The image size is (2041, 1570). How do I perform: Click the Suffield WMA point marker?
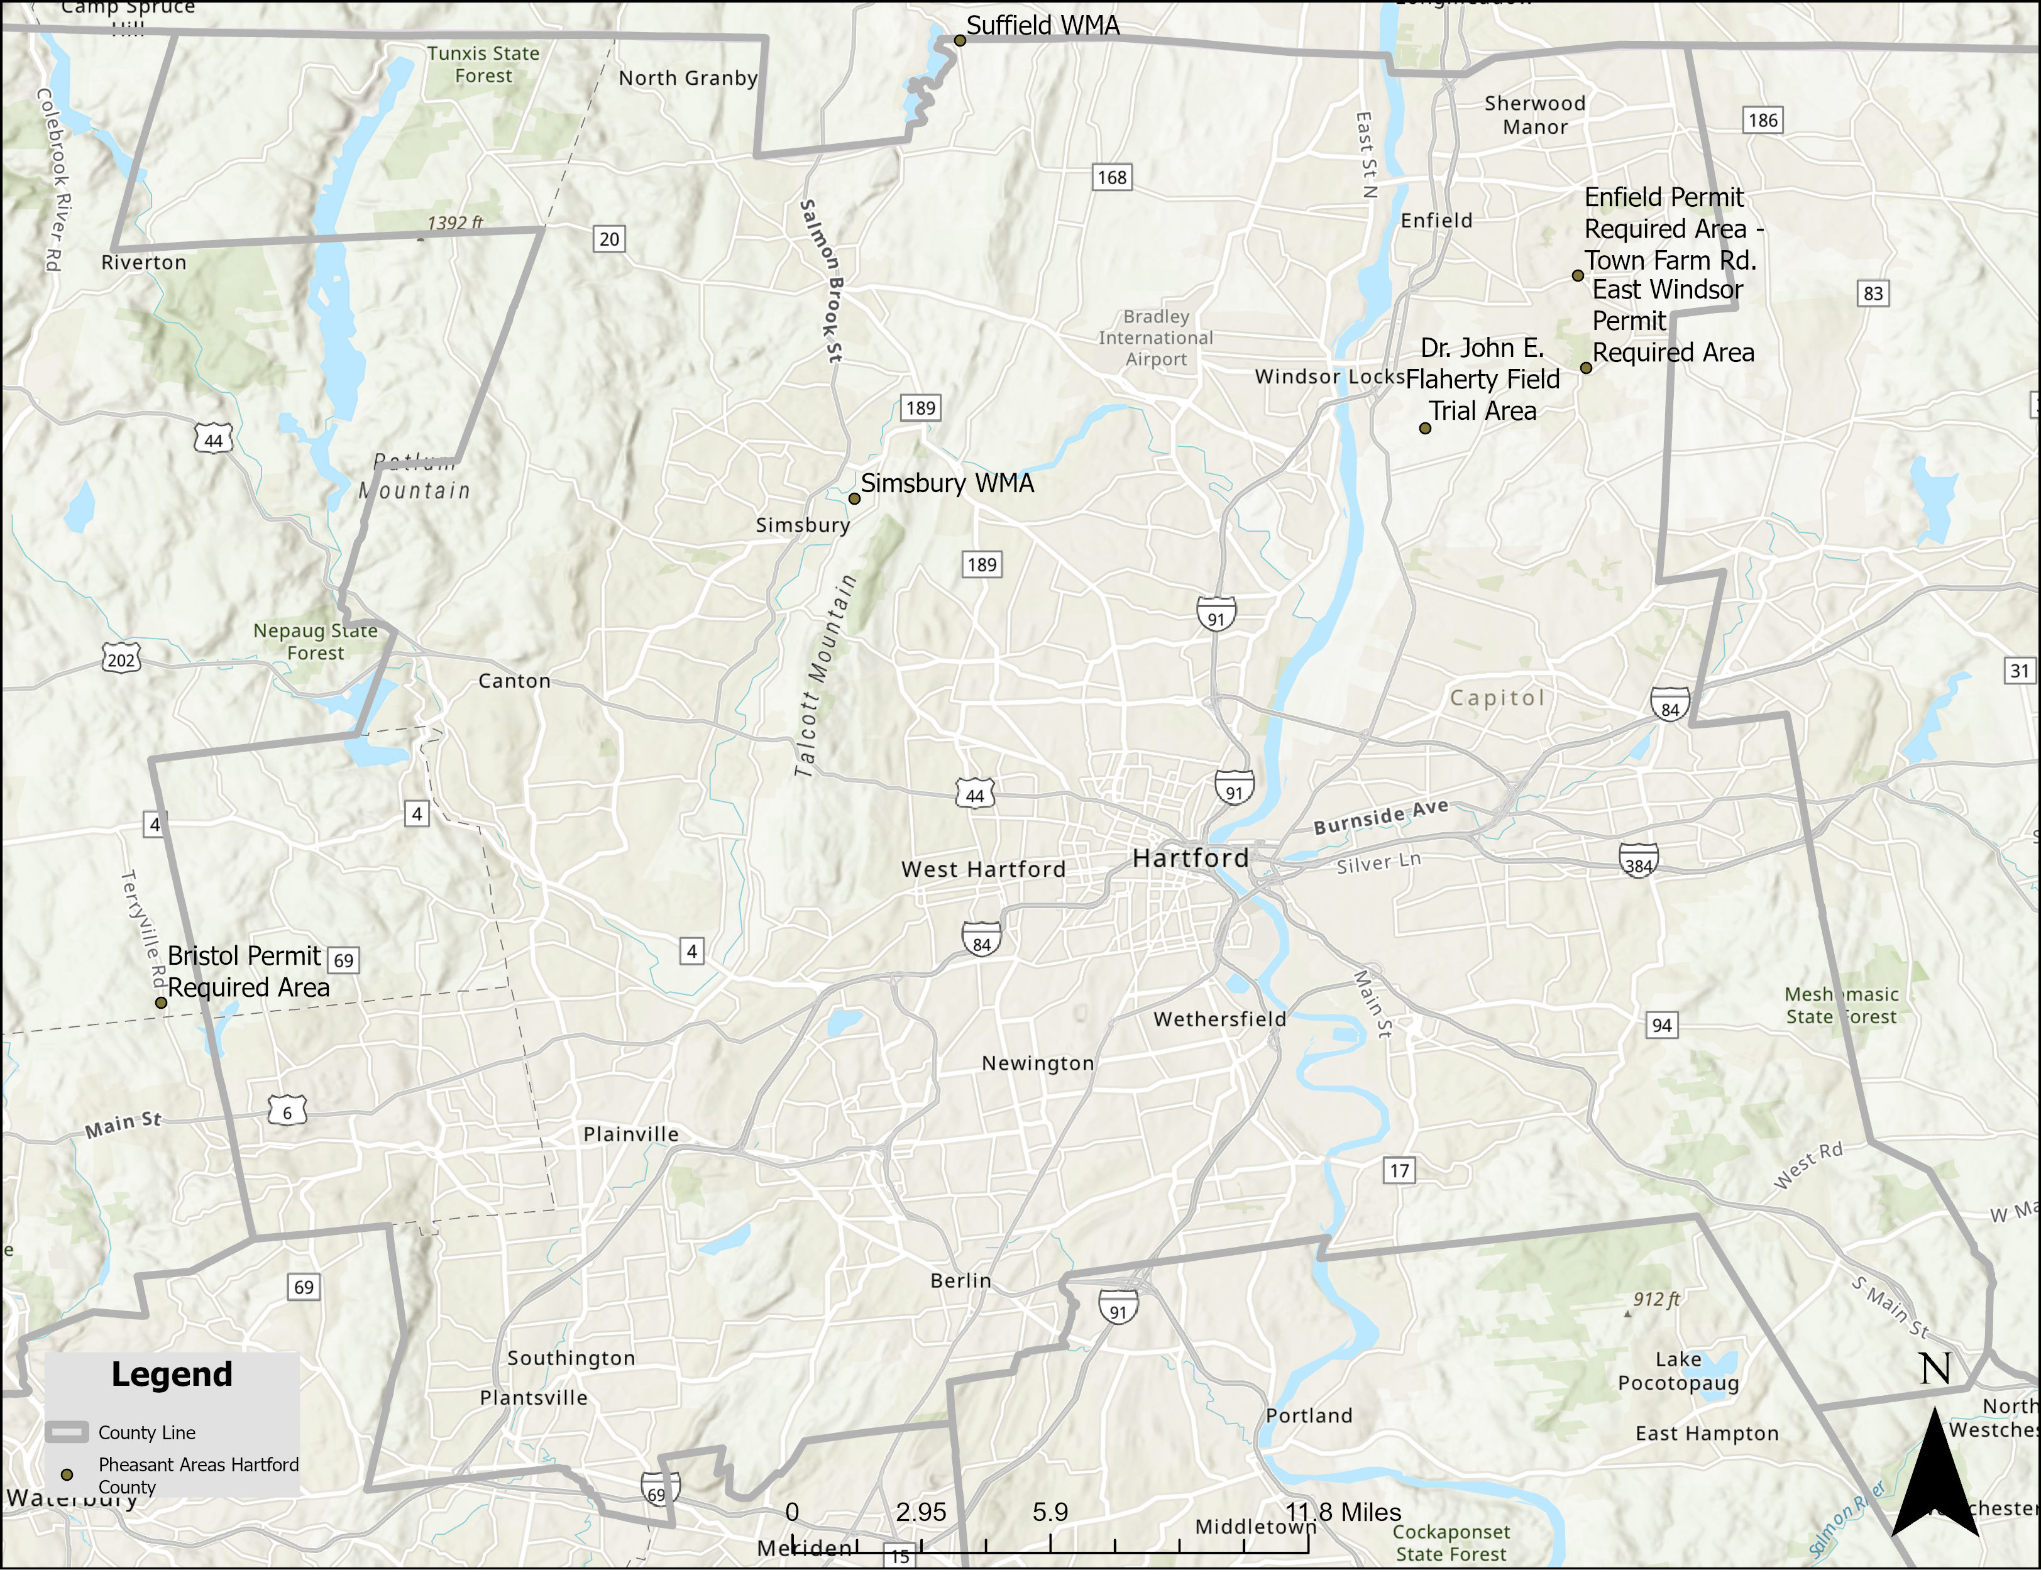tap(960, 40)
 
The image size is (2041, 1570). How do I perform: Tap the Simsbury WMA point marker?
tap(854, 499)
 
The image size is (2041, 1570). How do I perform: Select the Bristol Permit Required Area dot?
tap(161, 1002)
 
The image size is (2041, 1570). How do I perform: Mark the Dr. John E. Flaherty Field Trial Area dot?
tap(1425, 429)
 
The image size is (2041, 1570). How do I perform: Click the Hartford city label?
tap(1190, 858)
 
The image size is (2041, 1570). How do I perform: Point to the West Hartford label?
tap(983, 869)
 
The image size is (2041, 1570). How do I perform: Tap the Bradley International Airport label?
tap(1156, 338)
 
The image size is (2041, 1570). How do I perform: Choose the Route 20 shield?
tap(609, 239)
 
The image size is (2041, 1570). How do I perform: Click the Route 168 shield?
tap(1112, 178)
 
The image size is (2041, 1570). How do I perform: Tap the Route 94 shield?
tap(1661, 1025)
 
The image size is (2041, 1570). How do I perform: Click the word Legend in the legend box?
tap(172, 1375)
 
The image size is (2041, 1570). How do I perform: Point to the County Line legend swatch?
tap(67, 1432)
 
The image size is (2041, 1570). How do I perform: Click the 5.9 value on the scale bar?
tap(1050, 1512)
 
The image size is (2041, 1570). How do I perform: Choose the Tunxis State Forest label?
tap(483, 65)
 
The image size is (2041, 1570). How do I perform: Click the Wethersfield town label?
tap(1219, 1019)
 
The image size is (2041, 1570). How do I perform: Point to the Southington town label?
tap(571, 1358)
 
